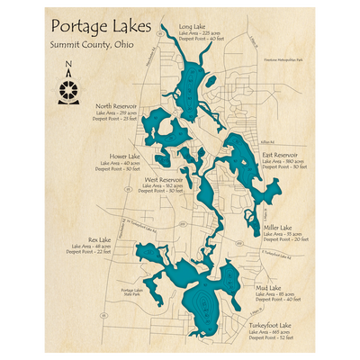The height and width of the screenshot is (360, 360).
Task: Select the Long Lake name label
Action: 192,26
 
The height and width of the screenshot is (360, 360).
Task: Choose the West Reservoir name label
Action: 163,179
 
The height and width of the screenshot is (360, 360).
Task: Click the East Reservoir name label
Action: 280,155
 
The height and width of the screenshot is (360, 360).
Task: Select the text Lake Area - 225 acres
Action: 201,32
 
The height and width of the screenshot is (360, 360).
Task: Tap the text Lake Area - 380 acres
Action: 284,161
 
